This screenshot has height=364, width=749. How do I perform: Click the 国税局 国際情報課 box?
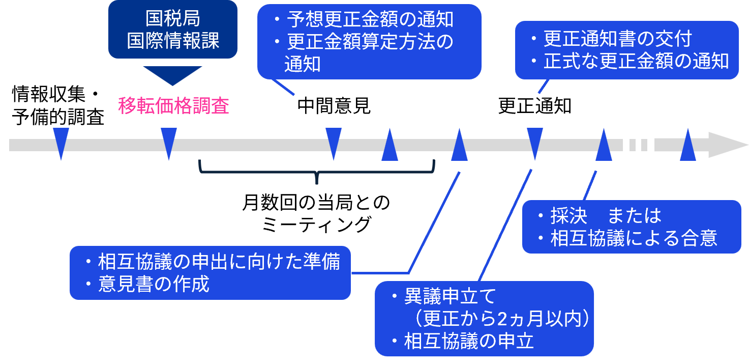coord(173,30)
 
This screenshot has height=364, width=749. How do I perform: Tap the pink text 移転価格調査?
coord(174,106)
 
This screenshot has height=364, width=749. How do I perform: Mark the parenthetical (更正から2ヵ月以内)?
coord(501,318)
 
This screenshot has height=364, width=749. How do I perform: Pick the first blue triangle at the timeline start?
coord(61,144)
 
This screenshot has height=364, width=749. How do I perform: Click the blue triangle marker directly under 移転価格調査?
coord(169,144)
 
